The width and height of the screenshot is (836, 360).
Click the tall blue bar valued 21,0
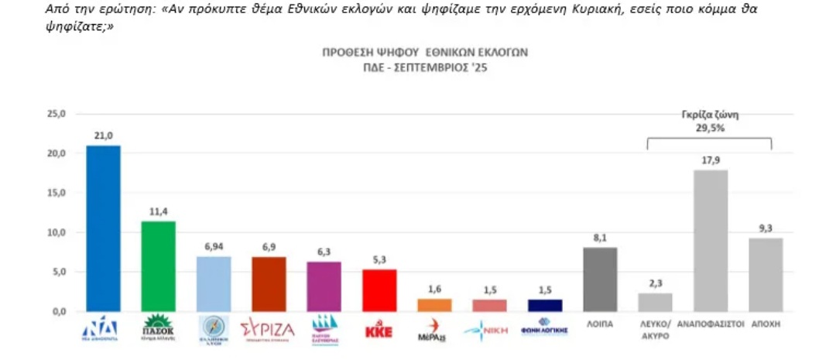tap(103, 228)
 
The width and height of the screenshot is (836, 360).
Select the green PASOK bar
tap(158, 266)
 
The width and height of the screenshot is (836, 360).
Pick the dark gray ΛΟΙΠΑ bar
tap(600, 279)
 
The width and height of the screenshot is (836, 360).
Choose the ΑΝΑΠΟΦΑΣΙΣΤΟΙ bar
tap(711, 241)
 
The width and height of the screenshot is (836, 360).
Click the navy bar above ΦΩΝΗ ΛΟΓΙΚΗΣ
tap(544, 305)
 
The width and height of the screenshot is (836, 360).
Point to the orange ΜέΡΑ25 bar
tap(434, 305)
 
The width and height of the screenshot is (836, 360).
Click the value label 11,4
tap(158, 211)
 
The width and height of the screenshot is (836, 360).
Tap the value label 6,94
tap(213, 246)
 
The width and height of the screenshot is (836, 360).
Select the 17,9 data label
tap(711, 159)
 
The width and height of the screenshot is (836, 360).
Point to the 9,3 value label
tap(766, 228)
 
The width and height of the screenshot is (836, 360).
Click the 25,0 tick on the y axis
tap(58, 114)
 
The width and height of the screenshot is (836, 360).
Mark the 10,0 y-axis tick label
tap(58, 232)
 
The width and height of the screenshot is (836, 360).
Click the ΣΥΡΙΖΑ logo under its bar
tap(268, 328)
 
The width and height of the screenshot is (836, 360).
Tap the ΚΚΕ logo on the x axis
tap(379, 331)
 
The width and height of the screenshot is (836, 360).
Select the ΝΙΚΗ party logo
tap(488, 330)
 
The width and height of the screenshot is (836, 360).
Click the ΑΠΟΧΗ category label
tap(766, 325)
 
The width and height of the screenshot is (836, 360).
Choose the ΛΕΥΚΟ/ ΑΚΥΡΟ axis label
tap(655, 330)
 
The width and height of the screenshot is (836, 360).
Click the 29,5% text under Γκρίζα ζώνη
tap(709, 129)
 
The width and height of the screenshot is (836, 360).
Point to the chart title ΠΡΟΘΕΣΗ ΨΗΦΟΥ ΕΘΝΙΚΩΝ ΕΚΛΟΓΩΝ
tap(425, 53)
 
